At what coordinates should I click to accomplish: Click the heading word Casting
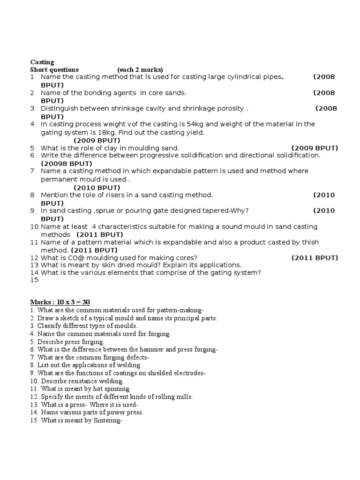(42, 62)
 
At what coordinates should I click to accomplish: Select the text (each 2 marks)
(140, 69)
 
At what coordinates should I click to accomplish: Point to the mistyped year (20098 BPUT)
(67, 164)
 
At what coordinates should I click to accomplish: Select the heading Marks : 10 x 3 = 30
(63, 301)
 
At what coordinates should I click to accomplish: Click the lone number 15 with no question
(34, 280)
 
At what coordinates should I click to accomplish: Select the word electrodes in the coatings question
(188, 373)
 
